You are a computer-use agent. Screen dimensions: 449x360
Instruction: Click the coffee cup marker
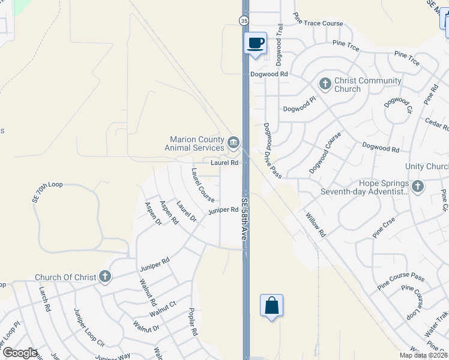coord(256,43)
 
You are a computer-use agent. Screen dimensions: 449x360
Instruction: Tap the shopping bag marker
coord(271,305)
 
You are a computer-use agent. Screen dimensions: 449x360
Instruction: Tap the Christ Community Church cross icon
coord(325,83)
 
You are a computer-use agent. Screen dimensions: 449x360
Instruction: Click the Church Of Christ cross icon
coord(105,277)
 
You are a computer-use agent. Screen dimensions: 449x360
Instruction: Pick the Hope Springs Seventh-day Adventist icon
coord(418,187)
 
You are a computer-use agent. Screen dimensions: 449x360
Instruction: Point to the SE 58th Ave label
coord(244,220)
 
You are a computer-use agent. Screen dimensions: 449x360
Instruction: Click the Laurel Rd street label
coord(225,163)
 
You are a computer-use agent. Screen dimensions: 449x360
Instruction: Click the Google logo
coord(20,353)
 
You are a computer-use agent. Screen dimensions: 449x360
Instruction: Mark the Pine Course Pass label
coord(401,277)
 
